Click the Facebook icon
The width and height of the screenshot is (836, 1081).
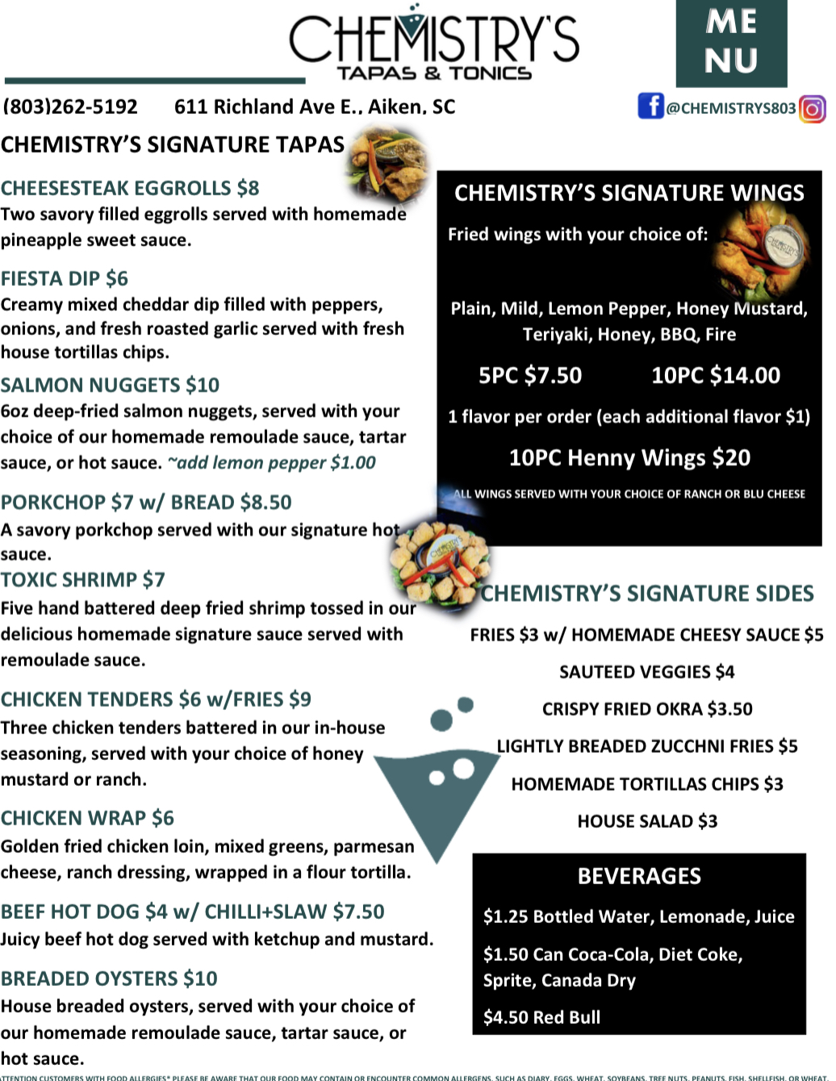coord(650,106)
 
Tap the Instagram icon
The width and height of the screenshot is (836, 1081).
coord(813,108)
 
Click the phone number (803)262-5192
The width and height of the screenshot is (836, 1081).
coord(70,106)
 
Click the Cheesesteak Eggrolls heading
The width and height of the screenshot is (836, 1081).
coord(130,188)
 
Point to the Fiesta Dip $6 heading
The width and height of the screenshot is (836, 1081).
coord(65,278)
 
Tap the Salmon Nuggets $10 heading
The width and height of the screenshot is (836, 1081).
coord(110,385)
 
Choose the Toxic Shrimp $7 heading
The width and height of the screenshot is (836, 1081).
coord(83,579)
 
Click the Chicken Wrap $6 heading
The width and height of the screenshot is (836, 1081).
coord(87,818)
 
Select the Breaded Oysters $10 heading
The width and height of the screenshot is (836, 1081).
coord(109,979)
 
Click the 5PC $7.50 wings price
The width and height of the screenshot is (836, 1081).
coord(530,375)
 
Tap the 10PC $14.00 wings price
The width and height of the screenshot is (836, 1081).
coord(716,375)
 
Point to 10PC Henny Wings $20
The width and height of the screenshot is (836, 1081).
coord(629,457)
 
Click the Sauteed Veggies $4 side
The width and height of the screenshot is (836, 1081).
coord(646,671)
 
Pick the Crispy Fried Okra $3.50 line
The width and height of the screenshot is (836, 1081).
coord(646,708)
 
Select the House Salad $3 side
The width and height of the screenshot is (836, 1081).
coord(646,821)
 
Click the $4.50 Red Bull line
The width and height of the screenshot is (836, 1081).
coord(541,1017)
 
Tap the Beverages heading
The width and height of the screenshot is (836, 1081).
coord(639,876)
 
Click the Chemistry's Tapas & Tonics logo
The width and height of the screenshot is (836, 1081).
coord(434,44)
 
